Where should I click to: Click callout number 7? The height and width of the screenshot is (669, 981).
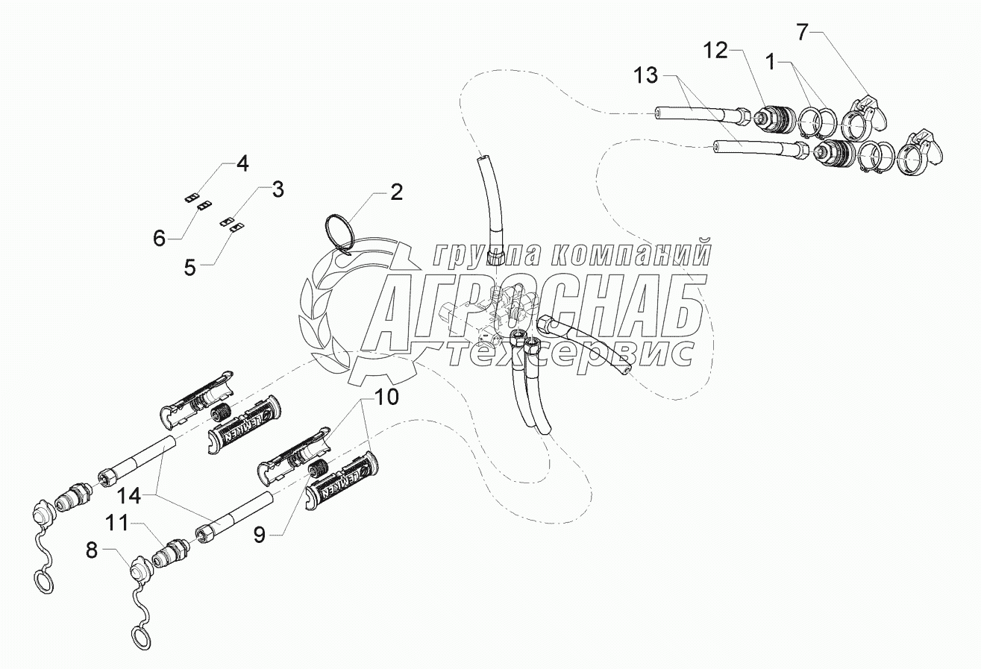[802, 32]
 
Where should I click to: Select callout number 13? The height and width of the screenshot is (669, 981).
[646, 75]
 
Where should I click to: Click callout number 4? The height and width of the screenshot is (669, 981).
[242, 163]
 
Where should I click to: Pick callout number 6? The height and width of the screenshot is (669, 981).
[159, 239]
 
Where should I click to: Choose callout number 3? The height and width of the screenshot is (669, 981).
[277, 189]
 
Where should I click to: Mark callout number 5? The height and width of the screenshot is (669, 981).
[190, 267]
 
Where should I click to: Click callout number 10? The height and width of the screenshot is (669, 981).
[386, 397]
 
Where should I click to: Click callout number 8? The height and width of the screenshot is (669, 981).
[92, 552]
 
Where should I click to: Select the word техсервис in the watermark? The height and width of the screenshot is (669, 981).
[571, 353]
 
